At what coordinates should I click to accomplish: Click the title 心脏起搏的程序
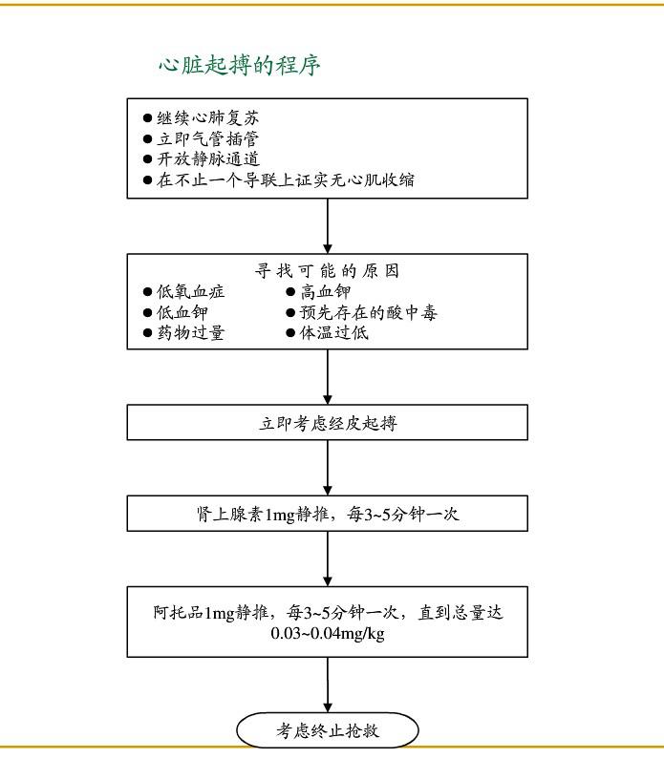pyautogui.click(x=239, y=66)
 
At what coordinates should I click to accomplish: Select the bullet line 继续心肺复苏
pyautogui.click(x=207, y=118)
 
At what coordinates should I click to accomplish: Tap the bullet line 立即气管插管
pyautogui.click(x=207, y=138)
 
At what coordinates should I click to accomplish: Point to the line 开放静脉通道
pyautogui.click(x=207, y=159)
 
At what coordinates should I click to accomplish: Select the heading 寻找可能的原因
pyautogui.click(x=328, y=270)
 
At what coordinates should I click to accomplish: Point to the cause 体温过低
pyautogui.click(x=334, y=333)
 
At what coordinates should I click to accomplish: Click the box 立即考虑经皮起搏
pyautogui.click(x=328, y=423)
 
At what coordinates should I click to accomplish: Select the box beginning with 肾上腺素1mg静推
pyautogui.click(x=328, y=514)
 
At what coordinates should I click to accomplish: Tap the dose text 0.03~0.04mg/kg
pyautogui.click(x=328, y=633)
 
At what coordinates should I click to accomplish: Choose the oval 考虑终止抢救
pyautogui.click(x=328, y=730)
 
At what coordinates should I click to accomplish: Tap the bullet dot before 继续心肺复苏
pyautogui.click(x=147, y=118)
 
